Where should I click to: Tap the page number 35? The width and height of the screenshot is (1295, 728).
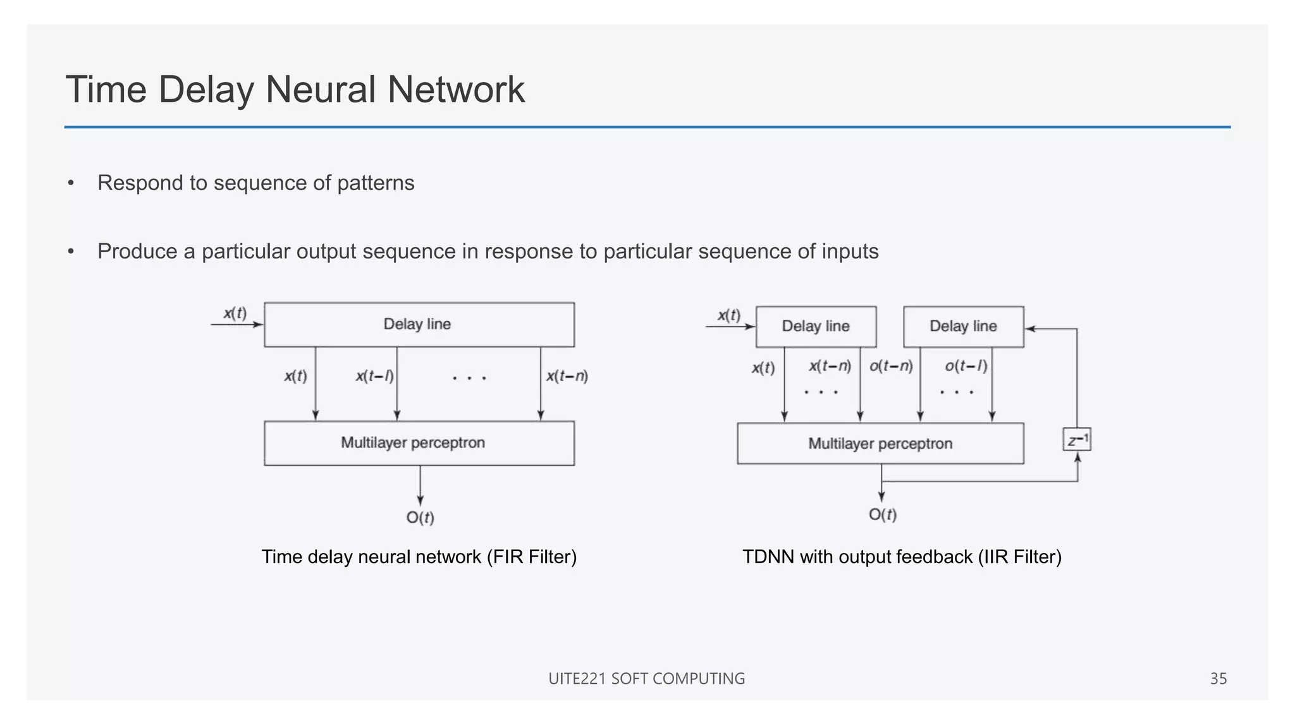(1218, 679)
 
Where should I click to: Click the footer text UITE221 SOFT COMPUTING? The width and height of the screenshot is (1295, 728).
(646, 679)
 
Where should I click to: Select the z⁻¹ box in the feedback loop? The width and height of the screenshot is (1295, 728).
(1077, 440)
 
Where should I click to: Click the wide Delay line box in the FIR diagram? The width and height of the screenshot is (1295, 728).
(419, 325)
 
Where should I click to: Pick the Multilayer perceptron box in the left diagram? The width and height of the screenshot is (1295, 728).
(419, 443)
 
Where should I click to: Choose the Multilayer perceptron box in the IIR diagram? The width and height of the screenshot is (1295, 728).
(880, 444)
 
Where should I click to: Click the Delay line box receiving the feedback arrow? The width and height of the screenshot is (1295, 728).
(963, 327)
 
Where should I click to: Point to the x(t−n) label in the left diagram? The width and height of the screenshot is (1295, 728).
(567, 377)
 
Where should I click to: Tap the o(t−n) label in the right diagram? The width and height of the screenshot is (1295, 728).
(891, 366)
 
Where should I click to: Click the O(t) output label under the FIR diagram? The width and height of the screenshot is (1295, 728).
(420, 518)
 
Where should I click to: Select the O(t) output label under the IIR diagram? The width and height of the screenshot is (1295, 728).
(883, 515)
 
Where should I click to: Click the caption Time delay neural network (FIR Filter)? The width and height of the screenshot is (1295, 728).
(419, 557)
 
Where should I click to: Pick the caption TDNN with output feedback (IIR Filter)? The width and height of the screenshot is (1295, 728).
(902, 557)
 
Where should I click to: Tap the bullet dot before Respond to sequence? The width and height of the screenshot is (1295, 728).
(71, 183)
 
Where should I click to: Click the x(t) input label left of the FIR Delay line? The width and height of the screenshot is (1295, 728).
(235, 313)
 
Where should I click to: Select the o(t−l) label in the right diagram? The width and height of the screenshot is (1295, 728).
(966, 366)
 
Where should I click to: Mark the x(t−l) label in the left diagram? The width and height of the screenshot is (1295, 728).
(374, 377)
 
